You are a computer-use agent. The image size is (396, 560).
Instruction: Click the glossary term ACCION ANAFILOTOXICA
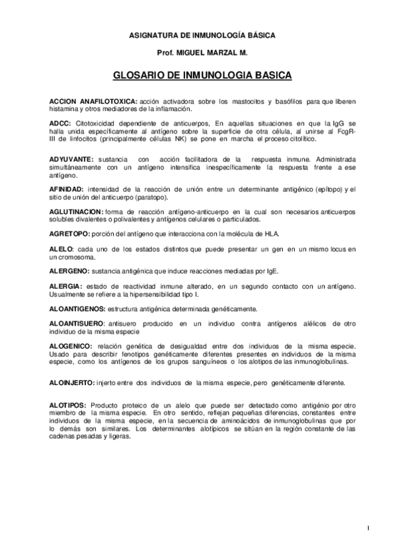(x=93, y=100)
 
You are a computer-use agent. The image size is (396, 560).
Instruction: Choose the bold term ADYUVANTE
(x=71, y=160)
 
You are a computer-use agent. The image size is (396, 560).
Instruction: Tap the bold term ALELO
(x=62, y=248)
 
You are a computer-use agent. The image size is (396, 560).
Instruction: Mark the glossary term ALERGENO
(x=69, y=271)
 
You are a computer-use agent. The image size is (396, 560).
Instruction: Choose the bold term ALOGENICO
(x=71, y=346)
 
